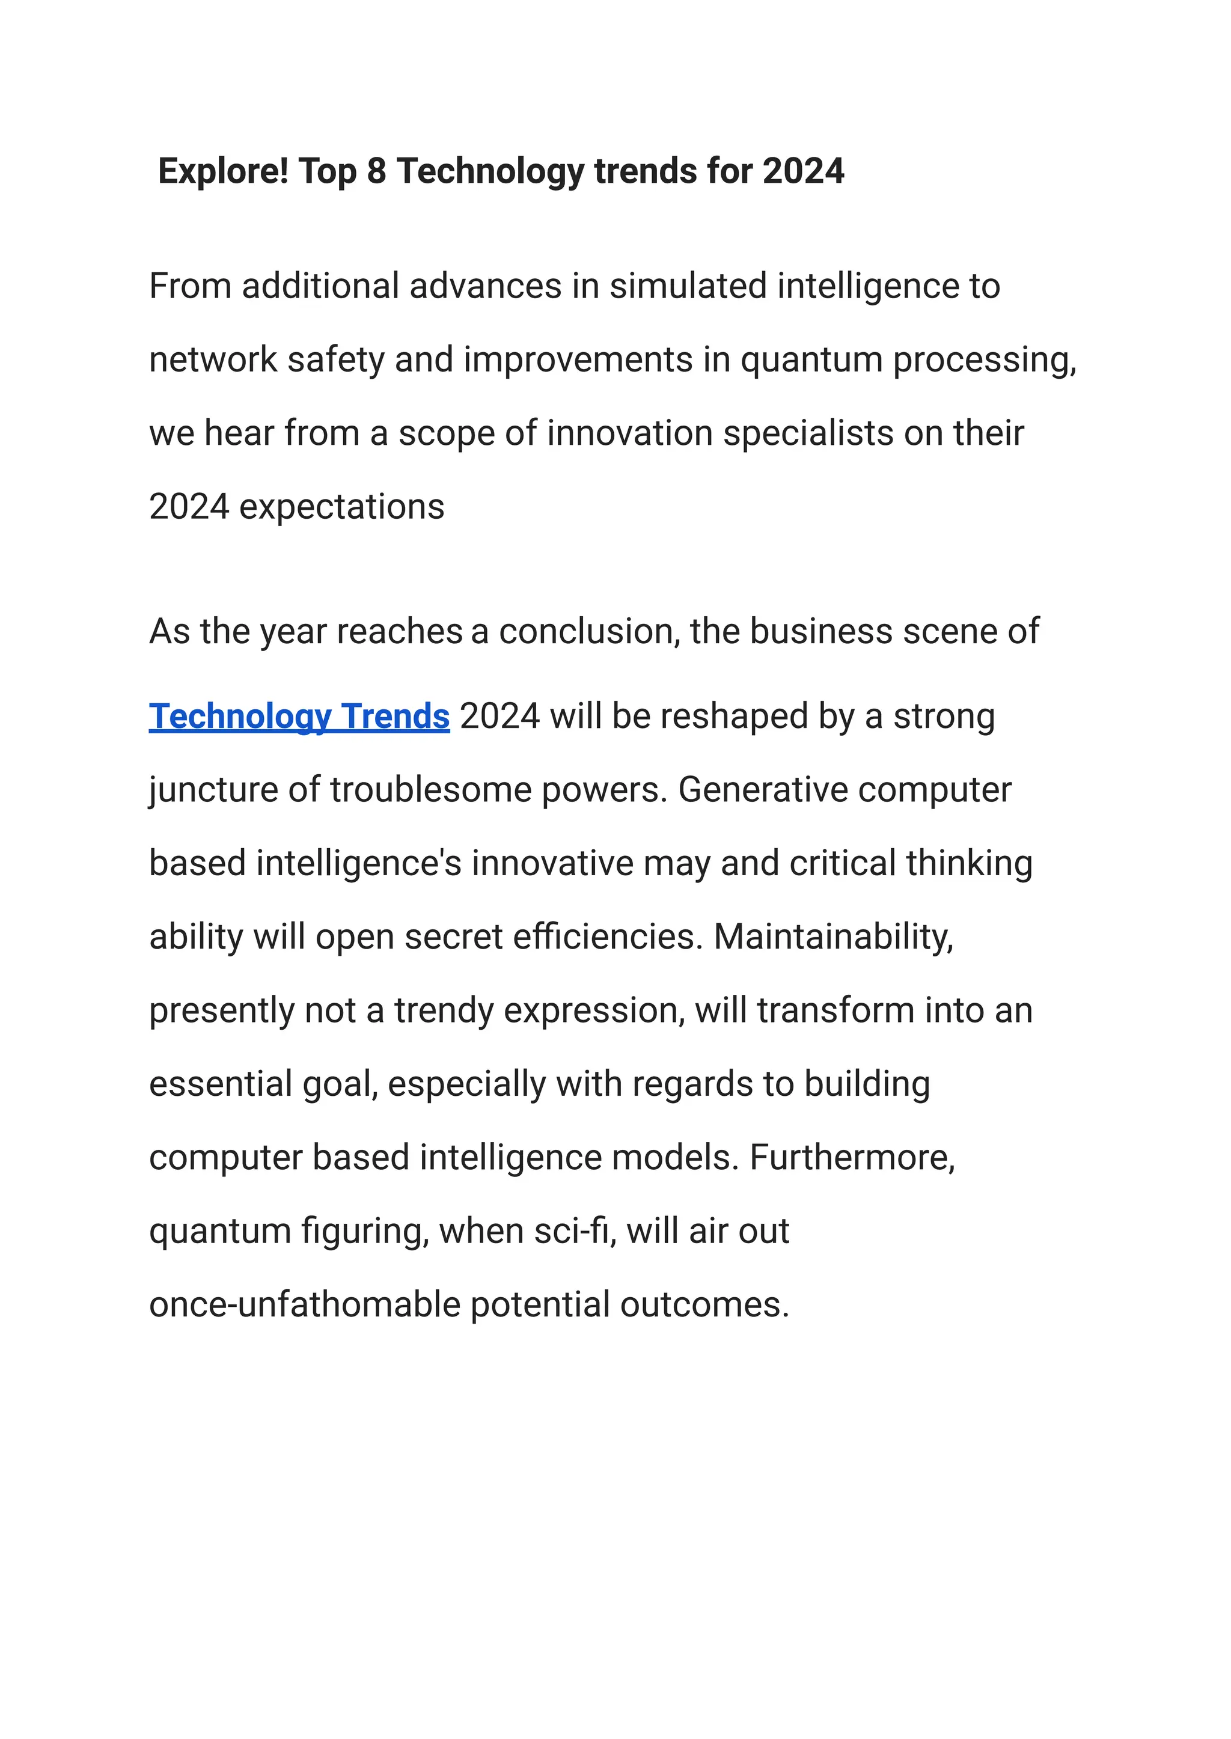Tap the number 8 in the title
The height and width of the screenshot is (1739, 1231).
377,171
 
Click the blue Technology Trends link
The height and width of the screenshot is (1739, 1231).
299,717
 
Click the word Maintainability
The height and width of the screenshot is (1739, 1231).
833,937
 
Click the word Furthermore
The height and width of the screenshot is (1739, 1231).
852,1158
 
